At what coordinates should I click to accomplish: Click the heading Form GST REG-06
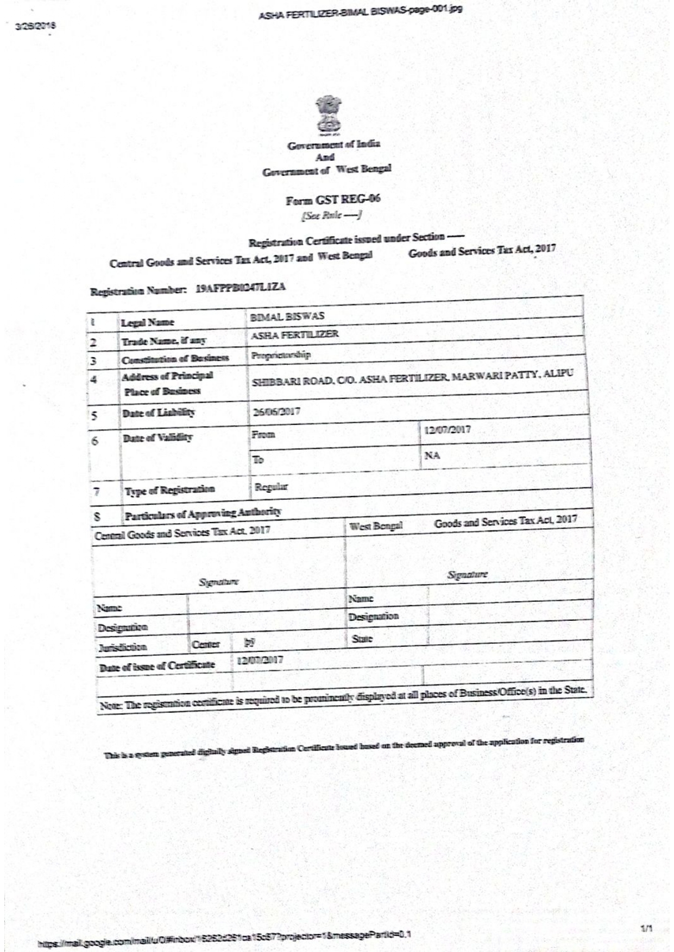point(333,200)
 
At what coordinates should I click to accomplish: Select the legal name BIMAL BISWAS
point(287,316)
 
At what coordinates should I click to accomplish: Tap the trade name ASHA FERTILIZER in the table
point(294,334)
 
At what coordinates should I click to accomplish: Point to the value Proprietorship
point(281,355)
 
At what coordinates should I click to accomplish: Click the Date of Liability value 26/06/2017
point(276,411)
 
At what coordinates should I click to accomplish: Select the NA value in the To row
point(432,455)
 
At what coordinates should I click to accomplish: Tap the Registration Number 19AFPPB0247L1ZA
point(241,288)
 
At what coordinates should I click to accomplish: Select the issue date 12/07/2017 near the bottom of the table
point(260,660)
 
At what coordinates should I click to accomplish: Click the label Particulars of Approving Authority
point(203,513)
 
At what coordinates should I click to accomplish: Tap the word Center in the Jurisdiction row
point(206,644)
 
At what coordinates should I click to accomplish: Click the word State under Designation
point(362,639)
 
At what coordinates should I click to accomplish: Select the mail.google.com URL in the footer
point(223,935)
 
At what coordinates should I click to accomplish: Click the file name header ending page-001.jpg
point(360,11)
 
